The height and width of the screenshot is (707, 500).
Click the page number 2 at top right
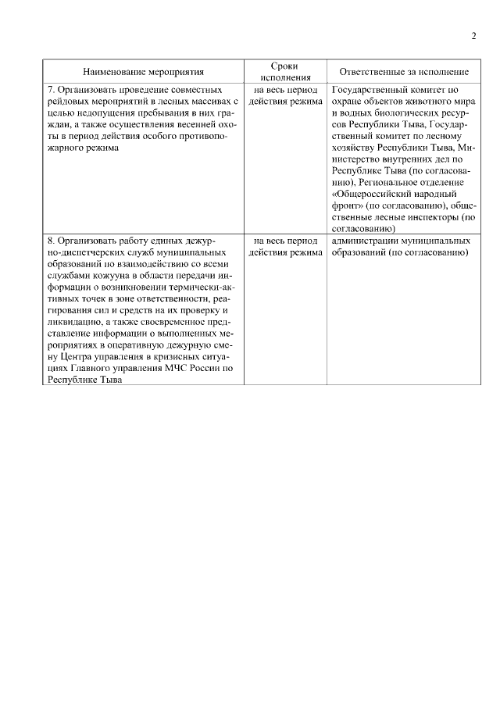[473, 35]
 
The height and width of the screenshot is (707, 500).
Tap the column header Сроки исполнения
[284, 72]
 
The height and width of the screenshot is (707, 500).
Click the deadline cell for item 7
[284, 95]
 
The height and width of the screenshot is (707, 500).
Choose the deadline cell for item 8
[284, 247]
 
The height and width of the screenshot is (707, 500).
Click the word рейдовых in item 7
[67, 102]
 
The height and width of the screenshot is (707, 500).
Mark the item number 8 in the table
[51, 241]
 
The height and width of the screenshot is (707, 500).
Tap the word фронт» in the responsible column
[348, 205]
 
